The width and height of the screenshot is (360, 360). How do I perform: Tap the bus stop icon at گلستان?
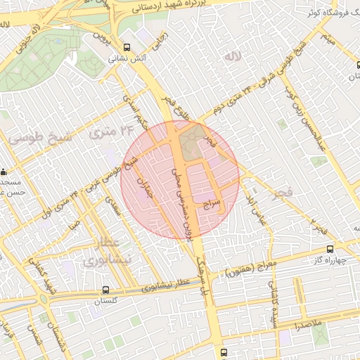pyautogui.click(x=105, y=289)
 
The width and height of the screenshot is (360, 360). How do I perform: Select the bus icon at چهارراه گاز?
pyautogui.click(x=330, y=249)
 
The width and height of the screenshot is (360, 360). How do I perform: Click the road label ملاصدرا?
pyautogui.click(x=308, y=327)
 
